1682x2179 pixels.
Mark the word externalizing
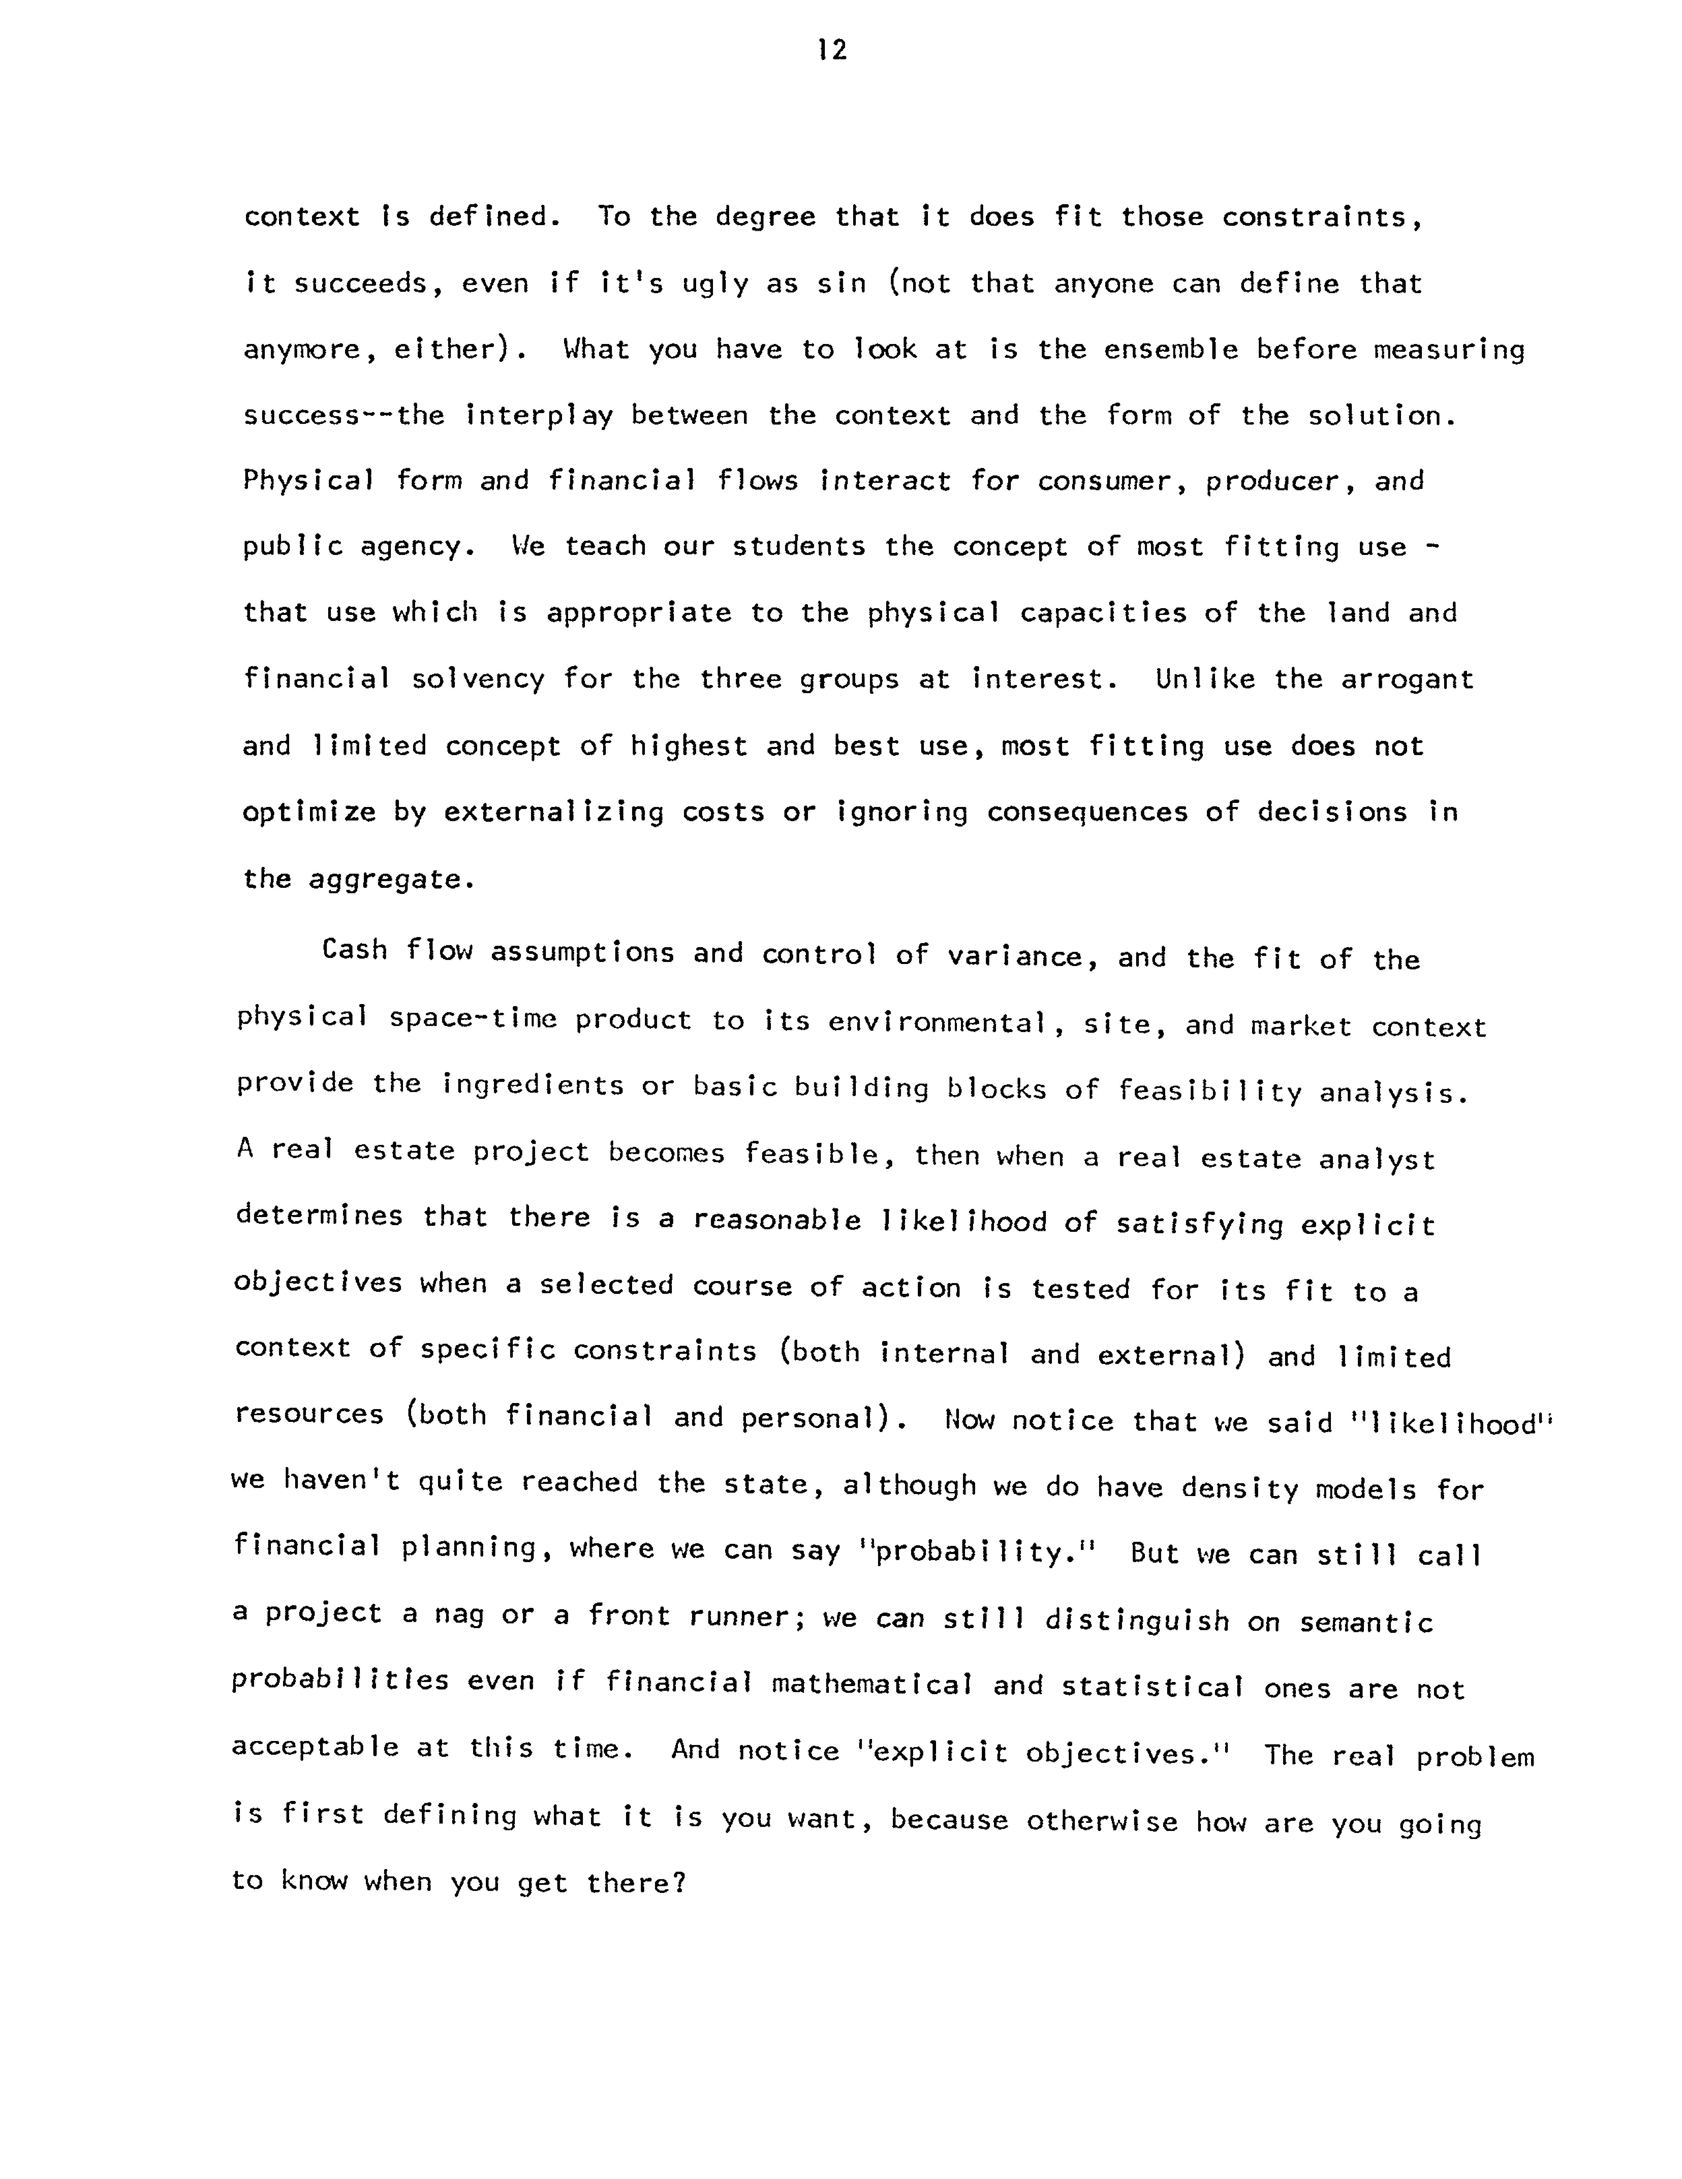(554, 812)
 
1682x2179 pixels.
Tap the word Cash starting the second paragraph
(354, 950)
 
